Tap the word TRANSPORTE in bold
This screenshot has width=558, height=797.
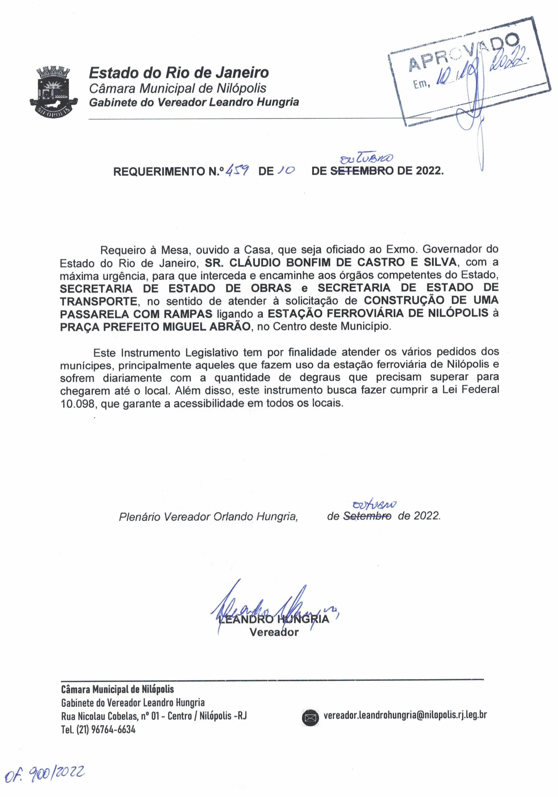click(99, 301)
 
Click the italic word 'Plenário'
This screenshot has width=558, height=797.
click(139, 517)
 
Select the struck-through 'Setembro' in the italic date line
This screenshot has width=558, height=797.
click(367, 516)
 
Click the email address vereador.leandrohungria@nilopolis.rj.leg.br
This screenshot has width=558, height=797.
click(405, 715)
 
